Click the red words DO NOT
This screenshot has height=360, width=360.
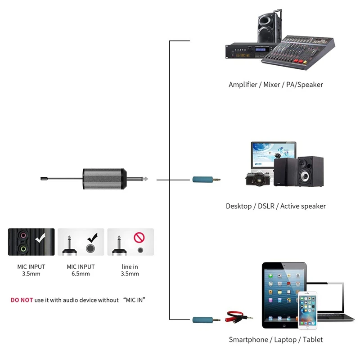point(22,300)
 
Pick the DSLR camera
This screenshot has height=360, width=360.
point(259,178)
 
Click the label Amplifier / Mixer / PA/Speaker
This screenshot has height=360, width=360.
point(275,84)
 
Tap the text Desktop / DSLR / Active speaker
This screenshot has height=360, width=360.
point(275,206)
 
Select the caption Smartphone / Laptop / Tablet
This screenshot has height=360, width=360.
point(275,340)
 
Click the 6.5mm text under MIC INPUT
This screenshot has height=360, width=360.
point(81,274)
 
